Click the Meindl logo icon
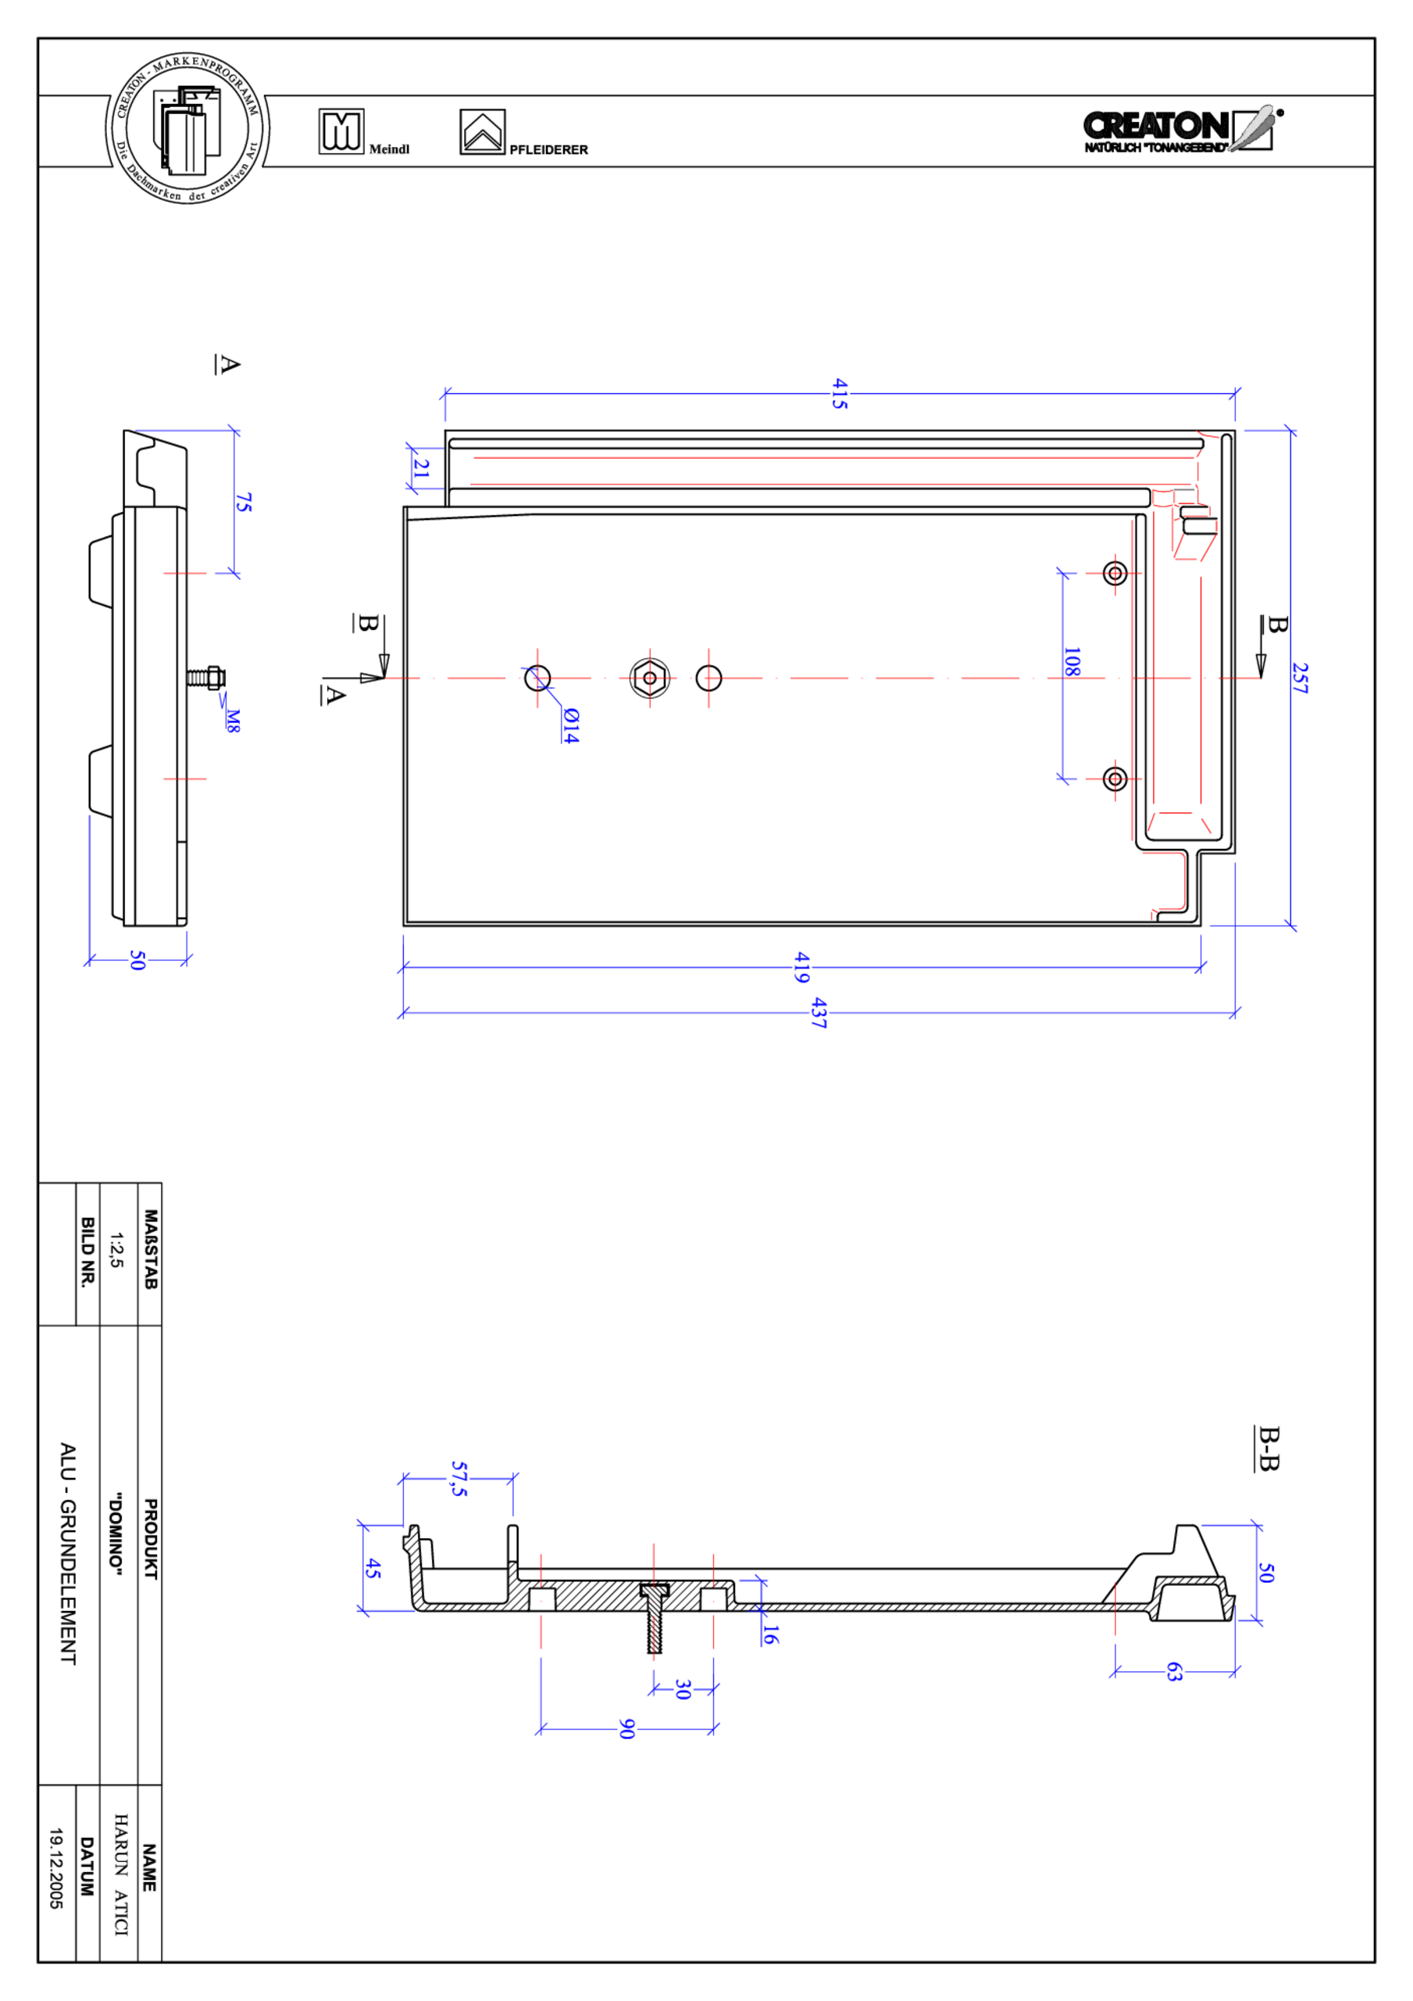[x=341, y=131]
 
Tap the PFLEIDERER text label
[x=548, y=150]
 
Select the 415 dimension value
[x=839, y=393]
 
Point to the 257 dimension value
[x=1299, y=678]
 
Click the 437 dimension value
[x=818, y=1013]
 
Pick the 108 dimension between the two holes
[x=1072, y=661]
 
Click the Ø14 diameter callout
[x=569, y=725]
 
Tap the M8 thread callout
[x=233, y=721]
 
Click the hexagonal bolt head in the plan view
[x=649, y=678]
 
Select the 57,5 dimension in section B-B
[x=459, y=1479]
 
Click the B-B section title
[x=1268, y=1448]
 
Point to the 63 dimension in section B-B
[x=1174, y=1672]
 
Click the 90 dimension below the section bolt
[x=626, y=1729]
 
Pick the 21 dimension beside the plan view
[x=422, y=469]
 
